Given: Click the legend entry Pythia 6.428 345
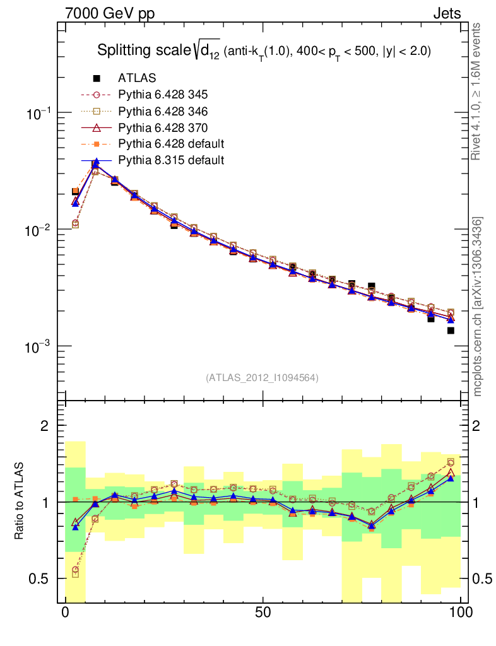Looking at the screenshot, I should click(x=163, y=95).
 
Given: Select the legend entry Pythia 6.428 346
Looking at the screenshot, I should click(x=163, y=111).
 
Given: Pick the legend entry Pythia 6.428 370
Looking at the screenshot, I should click(x=163, y=127).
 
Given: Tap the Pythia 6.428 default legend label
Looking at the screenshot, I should click(x=171, y=144).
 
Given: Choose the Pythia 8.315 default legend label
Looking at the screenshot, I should click(x=171, y=160).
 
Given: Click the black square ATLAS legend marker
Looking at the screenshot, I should click(x=97, y=78).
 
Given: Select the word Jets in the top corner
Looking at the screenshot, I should click(x=446, y=13).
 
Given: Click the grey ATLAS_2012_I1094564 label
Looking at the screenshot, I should click(x=262, y=378).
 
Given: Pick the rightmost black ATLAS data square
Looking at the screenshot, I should click(x=451, y=331).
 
